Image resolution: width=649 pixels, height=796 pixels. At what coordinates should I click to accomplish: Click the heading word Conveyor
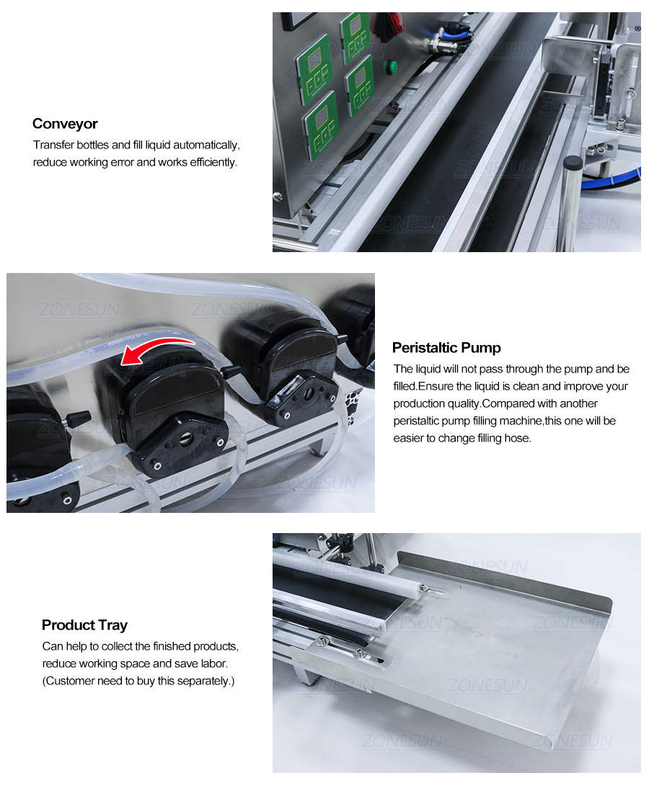(x=65, y=124)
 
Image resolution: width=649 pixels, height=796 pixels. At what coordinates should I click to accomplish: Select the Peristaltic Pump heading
(x=446, y=348)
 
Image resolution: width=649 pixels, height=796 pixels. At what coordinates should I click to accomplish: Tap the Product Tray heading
(x=84, y=625)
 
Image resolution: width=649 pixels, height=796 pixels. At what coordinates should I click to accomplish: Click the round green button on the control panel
(x=391, y=67)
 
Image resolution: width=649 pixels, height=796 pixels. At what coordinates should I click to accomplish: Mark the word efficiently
(x=207, y=162)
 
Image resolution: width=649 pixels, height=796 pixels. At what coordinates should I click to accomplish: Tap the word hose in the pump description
(x=518, y=437)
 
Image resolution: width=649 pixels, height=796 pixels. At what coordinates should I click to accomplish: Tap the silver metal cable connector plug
(x=438, y=45)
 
